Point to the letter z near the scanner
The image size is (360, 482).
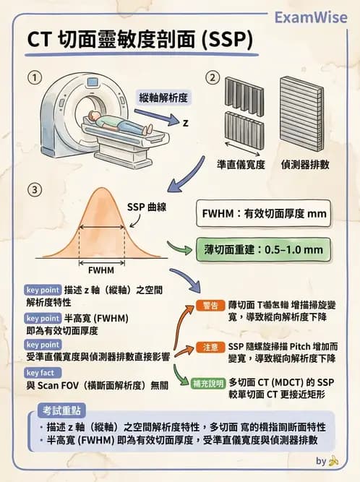[x=185, y=122]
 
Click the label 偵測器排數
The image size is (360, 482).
[x=306, y=165]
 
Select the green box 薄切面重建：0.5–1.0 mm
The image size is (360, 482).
[x=264, y=250]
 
